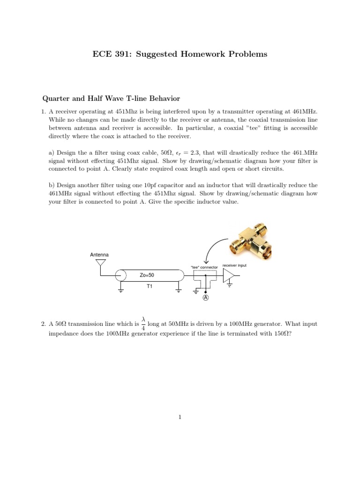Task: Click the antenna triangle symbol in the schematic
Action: click(100, 262)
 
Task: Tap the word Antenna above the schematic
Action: click(99, 255)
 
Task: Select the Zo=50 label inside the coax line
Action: click(147, 275)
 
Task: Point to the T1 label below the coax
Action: click(150, 285)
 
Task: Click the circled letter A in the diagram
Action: click(205, 298)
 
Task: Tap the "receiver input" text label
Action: click(234, 265)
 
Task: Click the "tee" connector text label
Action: click(204, 267)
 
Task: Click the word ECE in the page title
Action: click(102, 54)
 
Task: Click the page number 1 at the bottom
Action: click(180, 416)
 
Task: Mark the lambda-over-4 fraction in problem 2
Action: click(143, 323)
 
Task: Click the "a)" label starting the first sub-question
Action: click(52, 153)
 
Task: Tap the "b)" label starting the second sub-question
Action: click(52, 185)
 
